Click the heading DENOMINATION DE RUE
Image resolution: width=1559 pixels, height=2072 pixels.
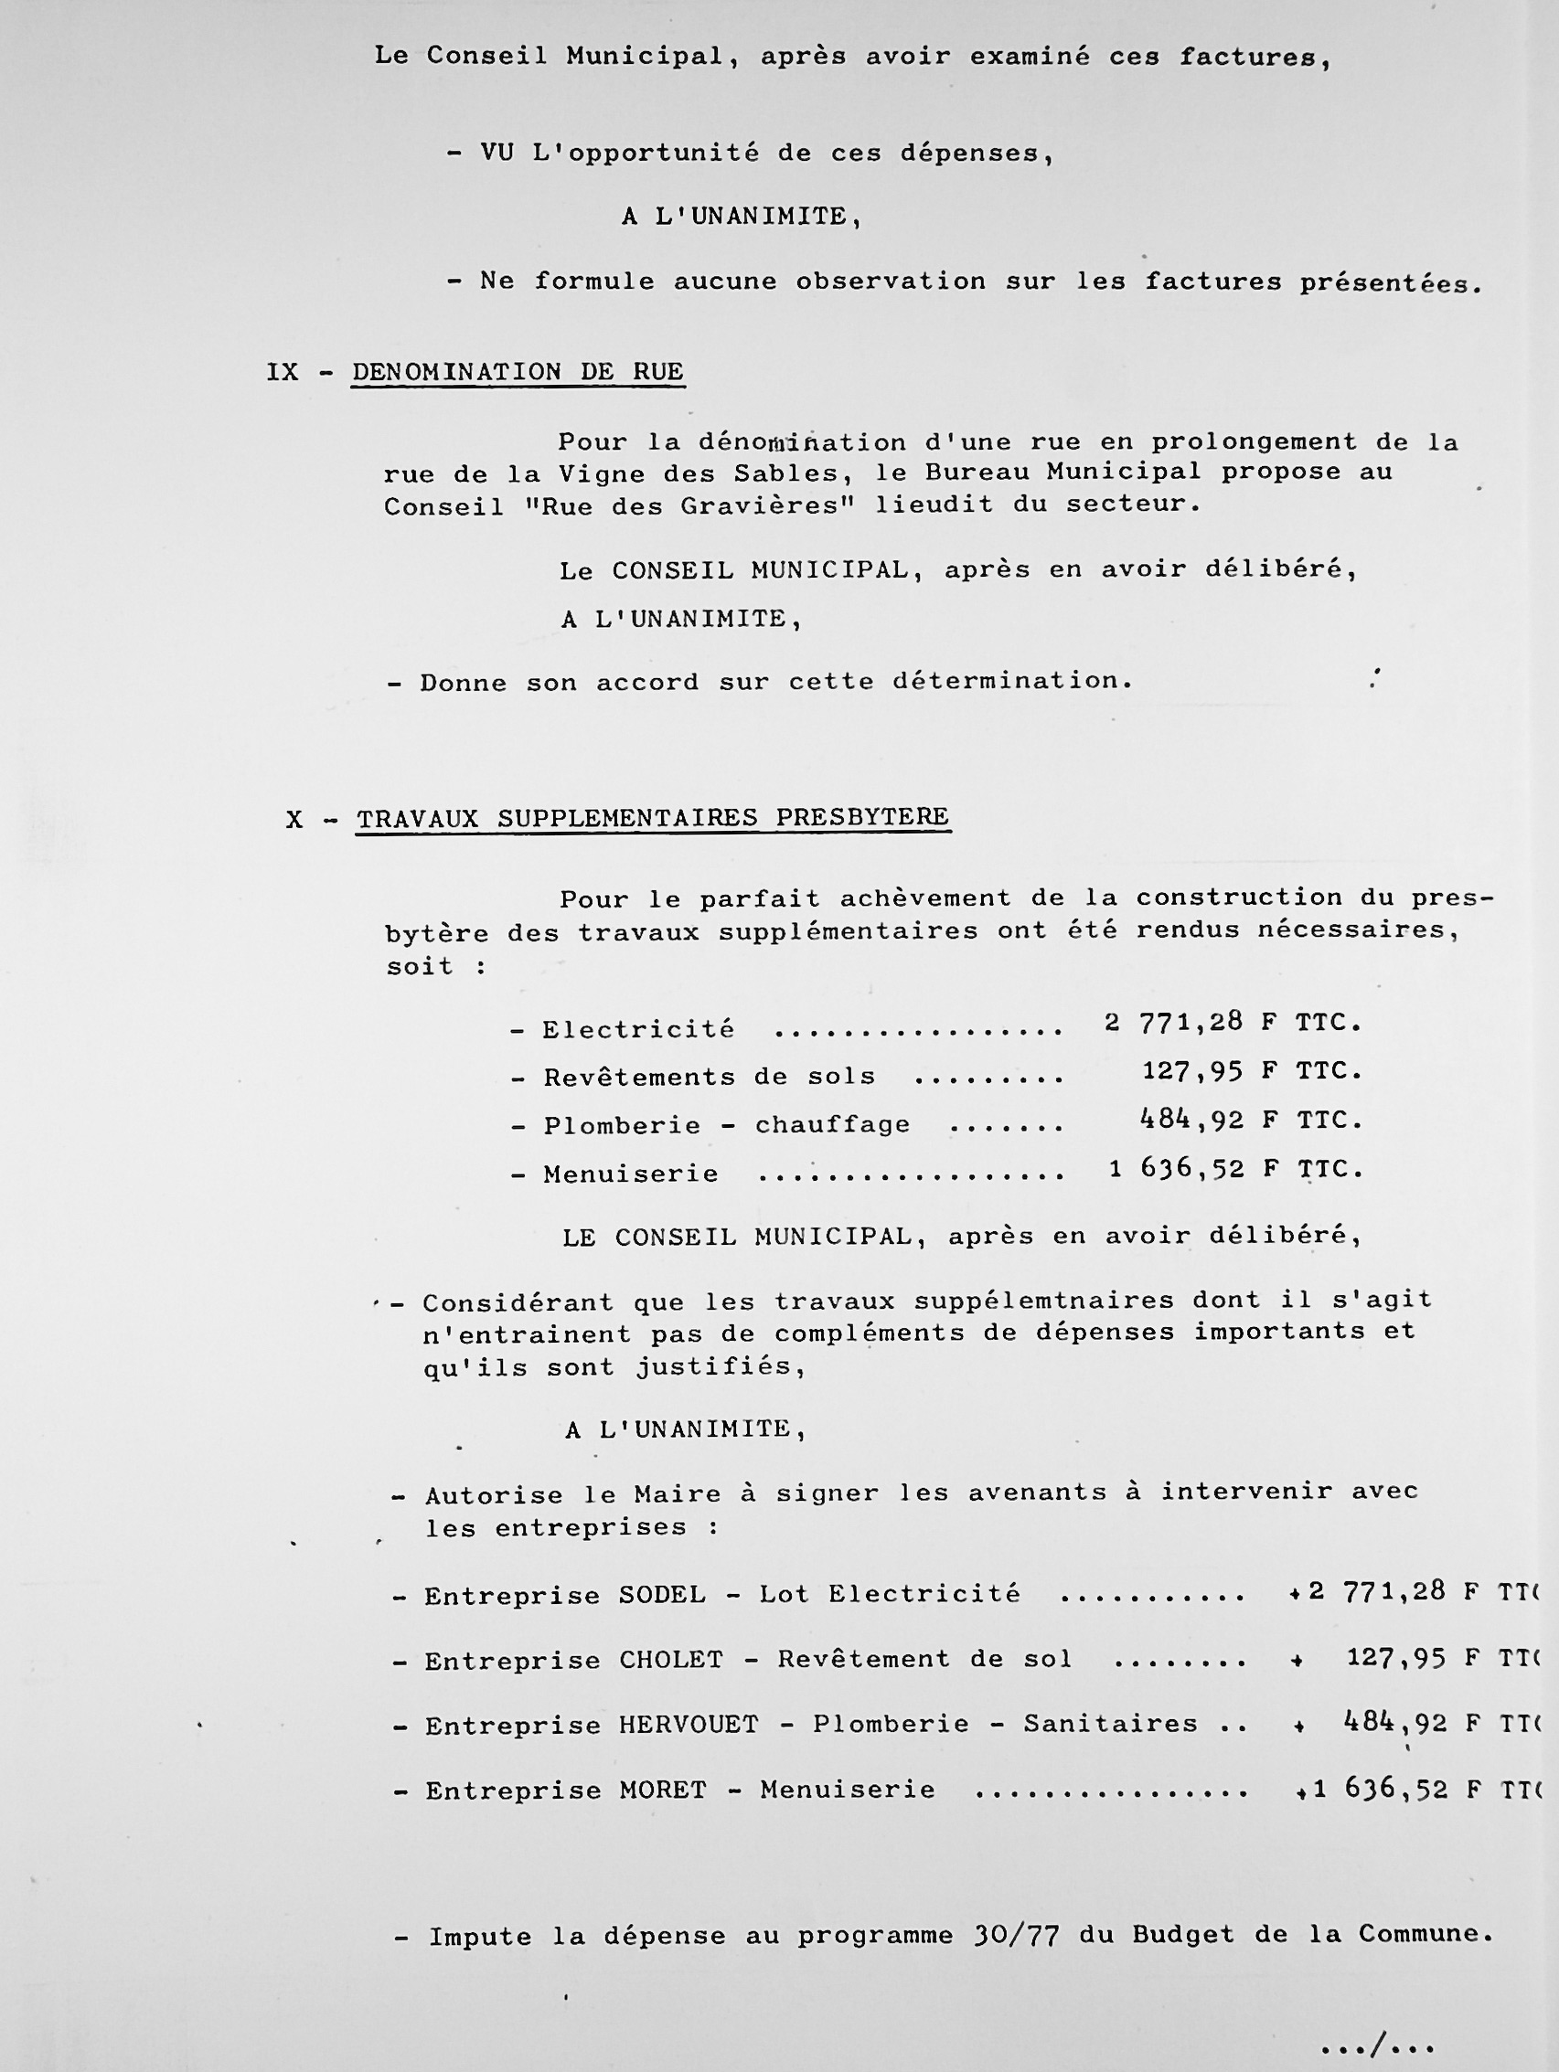pyautogui.click(x=518, y=372)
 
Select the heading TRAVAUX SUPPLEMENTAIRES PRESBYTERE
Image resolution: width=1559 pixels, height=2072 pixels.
pyautogui.click(x=653, y=818)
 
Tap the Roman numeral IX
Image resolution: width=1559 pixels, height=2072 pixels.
pyautogui.click(x=282, y=373)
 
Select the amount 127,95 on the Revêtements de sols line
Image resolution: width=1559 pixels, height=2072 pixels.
pyautogui.click(x=1191, y=1071)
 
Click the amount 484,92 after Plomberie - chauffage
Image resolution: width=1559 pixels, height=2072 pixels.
pyautogui.click(x=1191, y=1120)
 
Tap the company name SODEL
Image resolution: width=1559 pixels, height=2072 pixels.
pyautogui.click(x=662, y=1594)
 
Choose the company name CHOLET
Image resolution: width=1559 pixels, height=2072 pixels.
pyautogui.click(x=671, y=1660)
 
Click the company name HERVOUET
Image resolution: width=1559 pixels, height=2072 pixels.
pyautogui.click(x=688, y=1725)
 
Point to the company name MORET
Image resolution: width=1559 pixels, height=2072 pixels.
pyautogui.click(x=662, y=1790)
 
